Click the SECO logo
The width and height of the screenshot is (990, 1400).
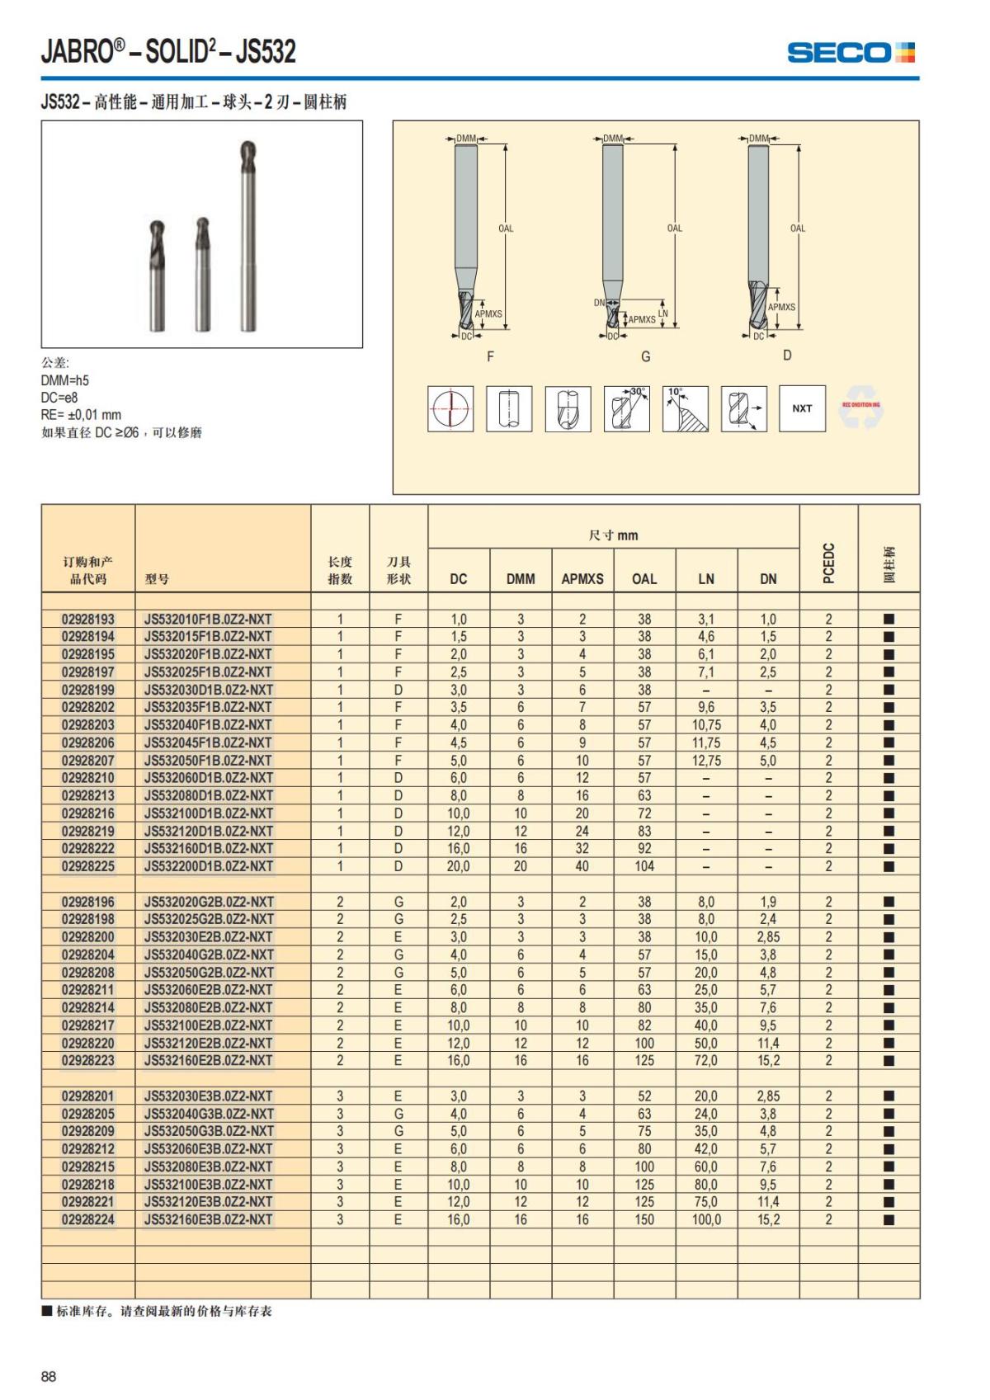pos(851,53)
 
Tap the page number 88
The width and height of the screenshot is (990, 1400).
pos(49,1376)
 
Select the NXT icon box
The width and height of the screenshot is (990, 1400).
pos(802,408)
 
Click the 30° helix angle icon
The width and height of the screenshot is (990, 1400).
pos(627,408)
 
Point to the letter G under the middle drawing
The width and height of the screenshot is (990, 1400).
pos(646,356)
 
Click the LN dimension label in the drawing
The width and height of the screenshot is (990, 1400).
pos(663,313)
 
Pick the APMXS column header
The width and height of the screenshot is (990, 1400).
pos(582,579)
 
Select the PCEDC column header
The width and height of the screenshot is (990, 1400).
pos(829,563)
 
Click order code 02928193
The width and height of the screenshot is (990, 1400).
pos(88,619)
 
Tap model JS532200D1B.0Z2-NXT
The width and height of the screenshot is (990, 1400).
pos(209,866)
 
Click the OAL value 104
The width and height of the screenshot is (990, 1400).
pos(644,866)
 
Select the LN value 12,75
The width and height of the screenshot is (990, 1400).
pos(706,761)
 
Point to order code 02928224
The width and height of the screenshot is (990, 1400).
pos(88,1219)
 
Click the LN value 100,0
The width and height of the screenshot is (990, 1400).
pos(706,1219)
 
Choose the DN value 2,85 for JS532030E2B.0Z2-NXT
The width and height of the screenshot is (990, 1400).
pos(768,937)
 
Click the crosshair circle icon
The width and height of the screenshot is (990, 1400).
pos(450,408)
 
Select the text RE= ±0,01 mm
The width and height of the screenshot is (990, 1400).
pos(81,415)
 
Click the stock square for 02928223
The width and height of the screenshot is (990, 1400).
pos(889,1061)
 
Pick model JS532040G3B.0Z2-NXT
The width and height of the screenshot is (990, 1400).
pos(209,1114)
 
